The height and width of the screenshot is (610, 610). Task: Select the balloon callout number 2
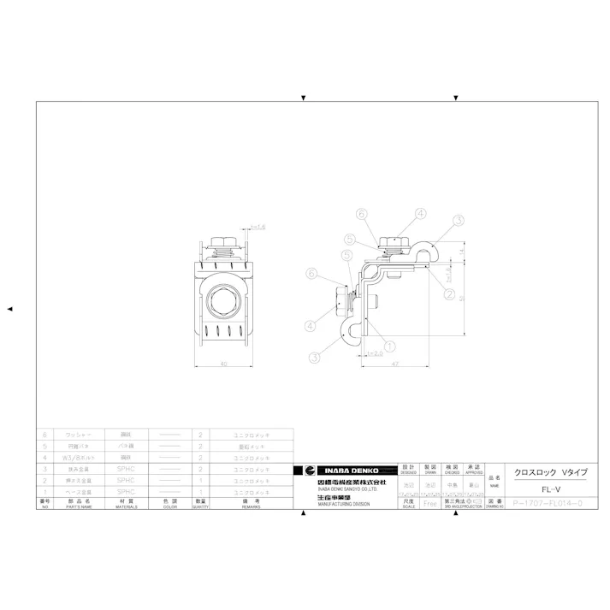[x=448, y=293]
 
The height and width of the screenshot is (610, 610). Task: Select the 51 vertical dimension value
[x=463, y=298]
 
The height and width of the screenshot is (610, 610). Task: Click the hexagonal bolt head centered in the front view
[x=223, y=301]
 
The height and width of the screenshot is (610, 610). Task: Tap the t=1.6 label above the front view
[x=257, y=228]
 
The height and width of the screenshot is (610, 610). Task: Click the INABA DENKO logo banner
[x=346, y=471]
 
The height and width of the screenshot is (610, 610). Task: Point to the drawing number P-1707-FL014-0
[x=547, y=504]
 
